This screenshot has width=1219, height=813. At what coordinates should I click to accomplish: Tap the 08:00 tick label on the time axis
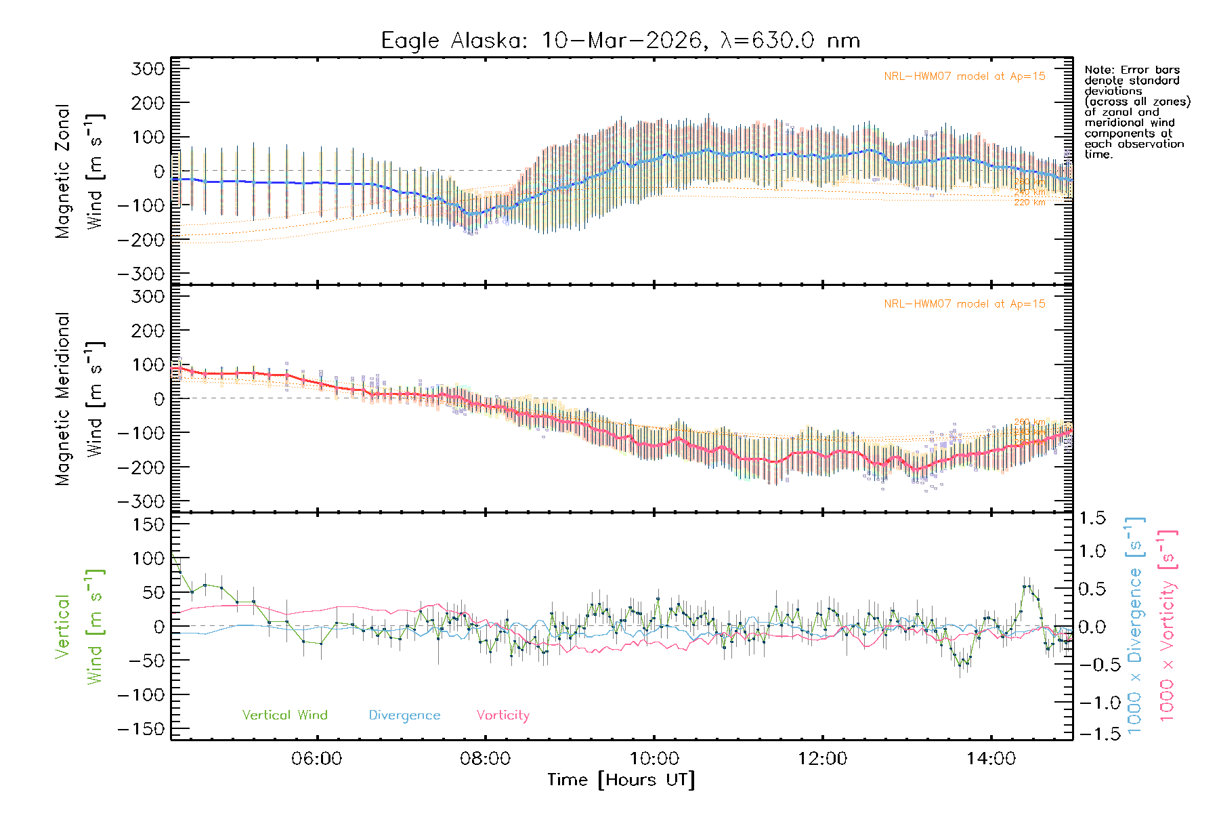485,759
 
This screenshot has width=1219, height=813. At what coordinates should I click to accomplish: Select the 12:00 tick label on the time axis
822,759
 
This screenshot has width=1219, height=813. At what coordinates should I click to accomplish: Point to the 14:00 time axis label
991,759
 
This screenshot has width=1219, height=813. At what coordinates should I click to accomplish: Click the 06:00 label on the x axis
316,759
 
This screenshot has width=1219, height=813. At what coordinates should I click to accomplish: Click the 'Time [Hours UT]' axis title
621,780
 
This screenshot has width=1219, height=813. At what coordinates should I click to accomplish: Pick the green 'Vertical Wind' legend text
284,715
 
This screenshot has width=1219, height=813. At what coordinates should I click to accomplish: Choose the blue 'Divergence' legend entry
404,715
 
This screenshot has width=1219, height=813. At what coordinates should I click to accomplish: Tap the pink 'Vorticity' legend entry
502,715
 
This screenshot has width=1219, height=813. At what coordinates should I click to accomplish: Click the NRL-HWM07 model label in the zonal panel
964,77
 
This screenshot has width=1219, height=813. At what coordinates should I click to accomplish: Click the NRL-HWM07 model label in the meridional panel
964,304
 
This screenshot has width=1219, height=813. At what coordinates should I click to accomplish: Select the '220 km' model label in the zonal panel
1029,203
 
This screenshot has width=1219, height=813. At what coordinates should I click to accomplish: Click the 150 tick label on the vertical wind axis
149,524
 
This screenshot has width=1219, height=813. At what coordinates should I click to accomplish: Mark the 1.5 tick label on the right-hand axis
1092,518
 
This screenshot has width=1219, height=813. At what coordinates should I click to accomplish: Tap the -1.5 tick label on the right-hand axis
1092,733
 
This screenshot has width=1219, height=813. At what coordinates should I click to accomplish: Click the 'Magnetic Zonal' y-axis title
62,171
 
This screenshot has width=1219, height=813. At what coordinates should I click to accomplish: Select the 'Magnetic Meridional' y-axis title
62,399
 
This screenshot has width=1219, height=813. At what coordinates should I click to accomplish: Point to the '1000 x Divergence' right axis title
1135,625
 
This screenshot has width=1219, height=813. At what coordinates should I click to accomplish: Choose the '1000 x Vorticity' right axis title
1167,625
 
